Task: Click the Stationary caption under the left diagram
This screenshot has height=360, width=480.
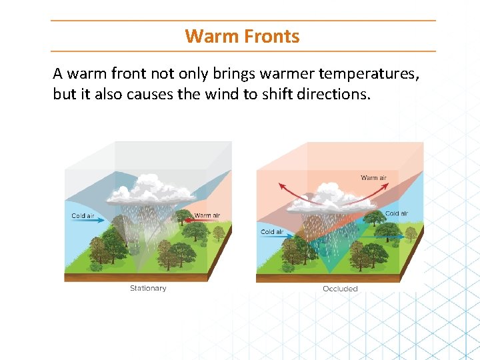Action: click(148, 288)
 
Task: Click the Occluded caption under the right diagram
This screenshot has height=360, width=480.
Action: click(340, 289)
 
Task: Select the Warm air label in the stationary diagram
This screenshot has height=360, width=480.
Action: click(208, 216)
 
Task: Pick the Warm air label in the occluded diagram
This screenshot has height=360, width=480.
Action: click(373, 178)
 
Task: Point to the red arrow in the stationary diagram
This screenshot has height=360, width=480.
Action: click(183, 217)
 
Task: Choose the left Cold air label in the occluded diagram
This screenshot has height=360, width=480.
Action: click(272, 232)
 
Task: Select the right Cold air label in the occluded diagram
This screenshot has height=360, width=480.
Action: click(397, 214)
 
